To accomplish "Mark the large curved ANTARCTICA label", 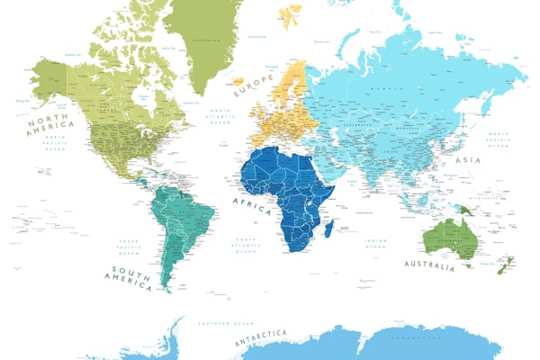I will point(260,339).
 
